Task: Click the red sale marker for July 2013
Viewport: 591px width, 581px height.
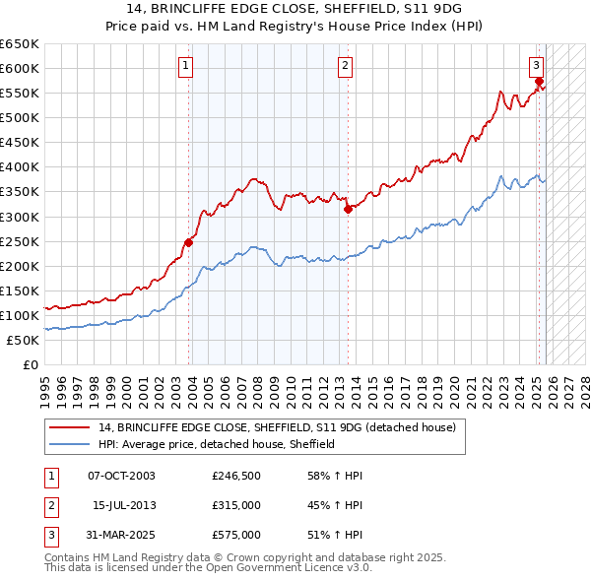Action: (348, 209)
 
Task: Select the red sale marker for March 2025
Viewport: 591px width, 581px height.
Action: (540, 81)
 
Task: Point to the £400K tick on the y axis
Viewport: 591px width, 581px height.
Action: (20, 166)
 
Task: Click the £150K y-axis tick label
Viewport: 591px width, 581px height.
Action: (20, 290)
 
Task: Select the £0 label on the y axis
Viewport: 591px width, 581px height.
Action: (30, 365)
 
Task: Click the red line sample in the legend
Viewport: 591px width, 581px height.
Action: (69, 428)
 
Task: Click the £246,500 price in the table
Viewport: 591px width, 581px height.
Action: (236, 476)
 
